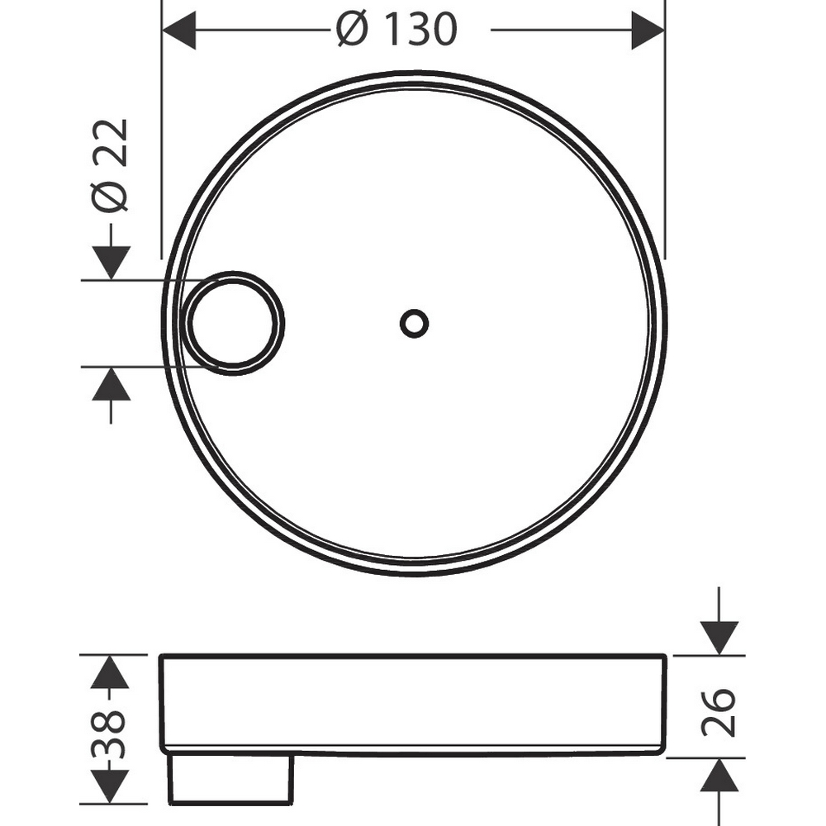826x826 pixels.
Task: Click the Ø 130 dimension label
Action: coord(396,30)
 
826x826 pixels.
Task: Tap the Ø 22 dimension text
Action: coord(110,165)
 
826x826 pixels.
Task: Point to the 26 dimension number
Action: coord(718,712)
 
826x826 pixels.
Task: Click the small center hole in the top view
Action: coord(414,323)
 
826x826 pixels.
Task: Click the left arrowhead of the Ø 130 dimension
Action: coord(179,30)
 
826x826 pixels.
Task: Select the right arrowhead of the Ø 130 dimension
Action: coord(648,30)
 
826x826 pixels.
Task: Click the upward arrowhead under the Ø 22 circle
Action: coord(111,384)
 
